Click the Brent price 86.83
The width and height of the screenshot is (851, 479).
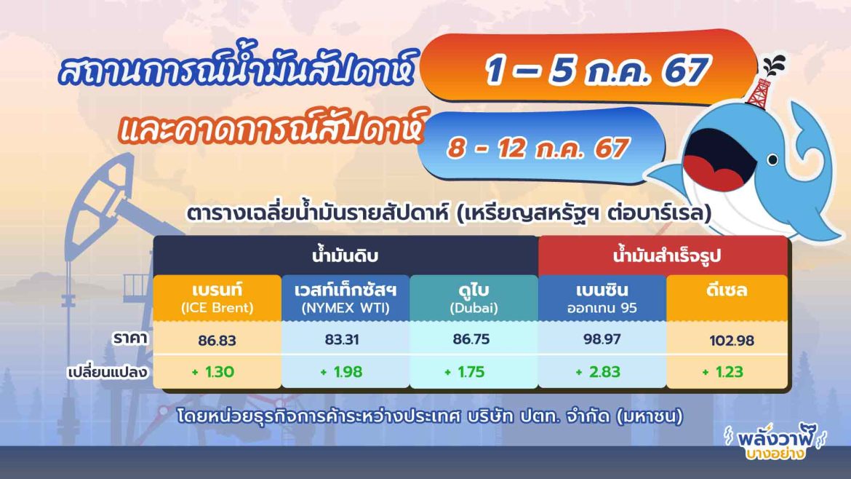[x=217, y=340]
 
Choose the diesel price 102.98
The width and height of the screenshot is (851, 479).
[x=727, y=341]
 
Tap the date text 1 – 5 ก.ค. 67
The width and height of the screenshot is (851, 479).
[x=596, y=70]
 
